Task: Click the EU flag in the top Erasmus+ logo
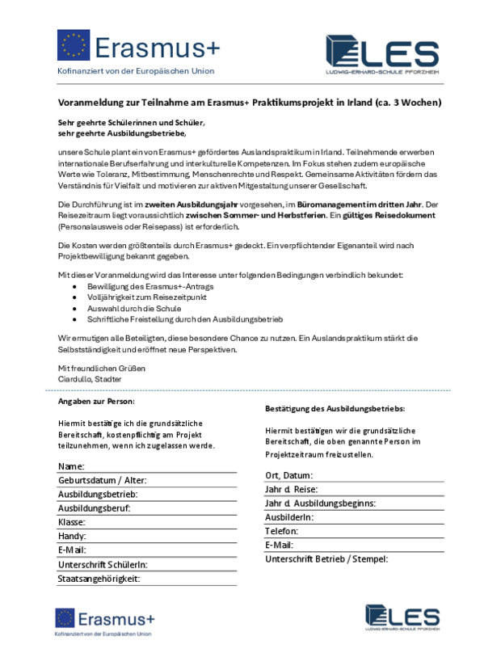click(73, 45)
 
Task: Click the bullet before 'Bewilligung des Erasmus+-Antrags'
click(75, 287)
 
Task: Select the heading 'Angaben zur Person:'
click(96, 402)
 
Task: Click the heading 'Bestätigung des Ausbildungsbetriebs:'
click(335, 410)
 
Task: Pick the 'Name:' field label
click(72, 467)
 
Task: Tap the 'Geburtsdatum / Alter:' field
click(102, 481)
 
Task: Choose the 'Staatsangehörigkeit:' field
click(99, 579)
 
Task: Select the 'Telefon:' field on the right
click(281, 531)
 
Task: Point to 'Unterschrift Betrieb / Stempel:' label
click(326, 558)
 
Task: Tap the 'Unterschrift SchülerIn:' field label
click(103, 565)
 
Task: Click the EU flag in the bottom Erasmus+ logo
click(65, 619)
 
